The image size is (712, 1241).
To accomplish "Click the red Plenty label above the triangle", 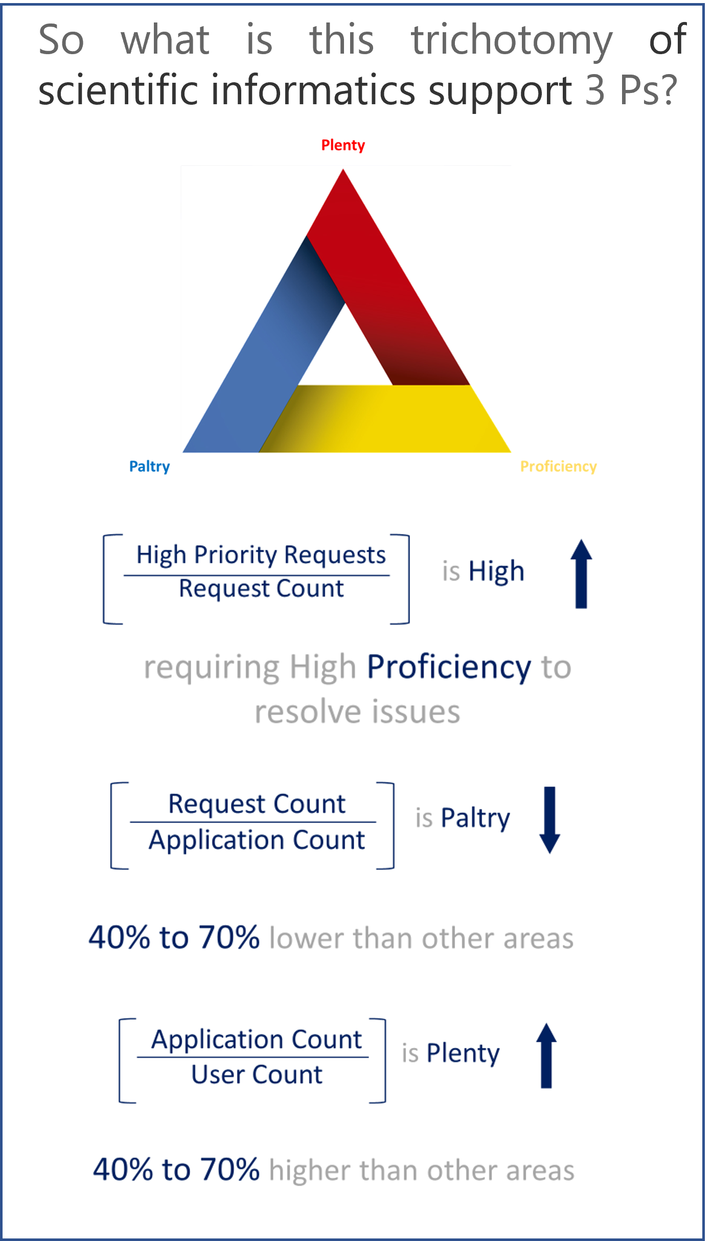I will coord(343,145).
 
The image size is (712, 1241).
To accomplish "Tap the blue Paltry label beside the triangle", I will coord(149,466).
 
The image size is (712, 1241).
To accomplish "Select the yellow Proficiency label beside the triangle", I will coord(558,466).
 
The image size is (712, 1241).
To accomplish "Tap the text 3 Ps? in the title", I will coord(631,90).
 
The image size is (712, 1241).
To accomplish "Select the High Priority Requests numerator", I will coord(261,555).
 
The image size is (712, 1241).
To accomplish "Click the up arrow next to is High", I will coord(581,573).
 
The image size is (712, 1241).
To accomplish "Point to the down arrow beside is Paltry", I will coord(549,819).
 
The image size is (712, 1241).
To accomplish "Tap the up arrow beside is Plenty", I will coord(546,1056).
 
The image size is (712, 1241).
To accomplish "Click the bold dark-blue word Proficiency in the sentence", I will coord(449,667).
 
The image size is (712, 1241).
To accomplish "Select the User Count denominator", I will coord(257,1074).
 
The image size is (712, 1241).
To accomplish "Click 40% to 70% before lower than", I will coord(174,937).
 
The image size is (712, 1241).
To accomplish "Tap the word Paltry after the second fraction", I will coord(475,818).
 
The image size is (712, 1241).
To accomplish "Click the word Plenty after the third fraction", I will coord(463,1053).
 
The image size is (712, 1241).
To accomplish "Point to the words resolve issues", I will coord(357,712).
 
